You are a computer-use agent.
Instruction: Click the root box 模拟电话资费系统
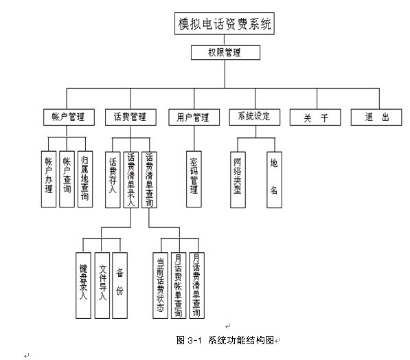pos(225,23)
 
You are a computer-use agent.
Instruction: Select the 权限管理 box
pos(225,53)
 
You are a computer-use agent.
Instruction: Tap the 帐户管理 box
pos(69,117)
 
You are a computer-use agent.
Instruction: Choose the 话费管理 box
pos(130,117)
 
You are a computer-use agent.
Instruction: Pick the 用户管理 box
pos(194,117)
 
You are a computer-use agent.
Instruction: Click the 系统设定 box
pos(254,117)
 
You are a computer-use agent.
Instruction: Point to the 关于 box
pos(315,117)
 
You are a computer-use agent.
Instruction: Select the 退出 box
pos(376,117)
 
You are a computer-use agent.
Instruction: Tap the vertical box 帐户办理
pos(49,179)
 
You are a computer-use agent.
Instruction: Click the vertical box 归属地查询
pos(85,179)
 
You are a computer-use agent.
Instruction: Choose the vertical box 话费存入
pos(113,180)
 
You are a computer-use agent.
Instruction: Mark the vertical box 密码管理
pos(194,179)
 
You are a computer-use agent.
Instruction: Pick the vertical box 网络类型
pos(238,180)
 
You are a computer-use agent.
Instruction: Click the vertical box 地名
pos(274,180)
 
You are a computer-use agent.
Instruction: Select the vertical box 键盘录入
pos(83,285)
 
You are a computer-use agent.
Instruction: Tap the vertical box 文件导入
pos(102,285)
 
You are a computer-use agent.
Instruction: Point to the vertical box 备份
pos(119,285)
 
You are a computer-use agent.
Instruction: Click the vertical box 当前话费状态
pos(160,285)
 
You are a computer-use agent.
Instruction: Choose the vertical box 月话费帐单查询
pos(179,285)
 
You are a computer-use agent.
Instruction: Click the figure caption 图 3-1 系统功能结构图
pos(225,340)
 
